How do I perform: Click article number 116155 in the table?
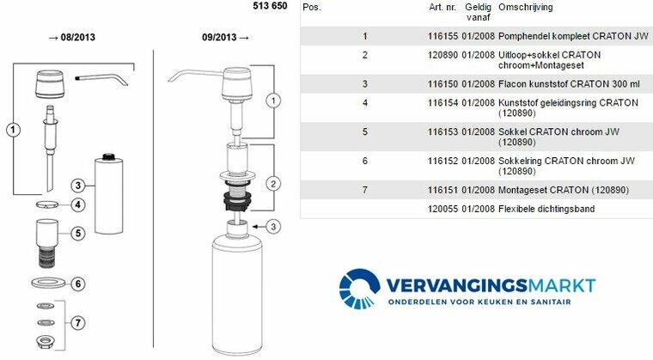click(442, 36)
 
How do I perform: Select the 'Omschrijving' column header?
click(526, 7)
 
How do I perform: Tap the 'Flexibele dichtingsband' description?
click(546, 209)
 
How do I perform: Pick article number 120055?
click(442, 209)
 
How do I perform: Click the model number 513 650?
click(270, 6)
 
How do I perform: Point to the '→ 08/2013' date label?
click(71, 38)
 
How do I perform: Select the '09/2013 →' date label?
click(225, 38)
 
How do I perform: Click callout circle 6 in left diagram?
click(78, 284)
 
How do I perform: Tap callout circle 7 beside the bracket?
click(78, 323)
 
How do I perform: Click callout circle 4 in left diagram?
click(78, 205)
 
